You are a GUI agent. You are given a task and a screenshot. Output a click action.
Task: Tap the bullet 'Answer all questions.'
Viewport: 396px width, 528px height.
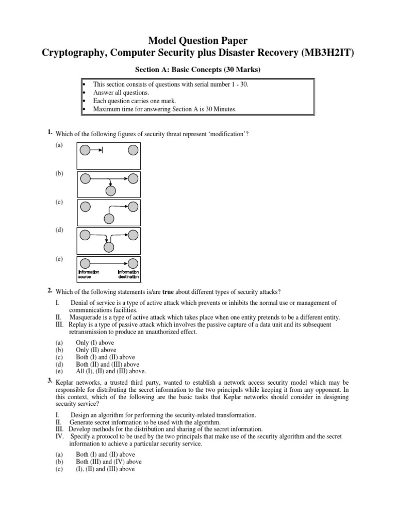117,93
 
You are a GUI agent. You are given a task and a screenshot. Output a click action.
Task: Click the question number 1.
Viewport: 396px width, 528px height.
49,133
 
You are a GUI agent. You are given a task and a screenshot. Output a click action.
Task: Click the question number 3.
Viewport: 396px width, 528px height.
49,381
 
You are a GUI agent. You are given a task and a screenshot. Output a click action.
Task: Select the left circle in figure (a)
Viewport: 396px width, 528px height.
85,150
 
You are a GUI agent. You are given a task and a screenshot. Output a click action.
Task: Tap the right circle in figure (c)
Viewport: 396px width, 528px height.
133,207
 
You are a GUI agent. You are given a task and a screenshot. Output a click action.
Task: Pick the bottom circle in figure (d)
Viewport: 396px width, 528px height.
109,247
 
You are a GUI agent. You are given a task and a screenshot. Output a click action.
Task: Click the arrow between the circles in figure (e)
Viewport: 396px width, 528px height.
109,263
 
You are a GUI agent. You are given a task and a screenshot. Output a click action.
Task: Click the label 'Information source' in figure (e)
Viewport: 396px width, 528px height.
88,274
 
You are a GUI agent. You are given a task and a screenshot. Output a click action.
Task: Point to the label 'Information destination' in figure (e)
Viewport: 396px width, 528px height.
128,274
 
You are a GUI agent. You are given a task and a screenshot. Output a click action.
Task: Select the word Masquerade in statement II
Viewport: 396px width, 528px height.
85,317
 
